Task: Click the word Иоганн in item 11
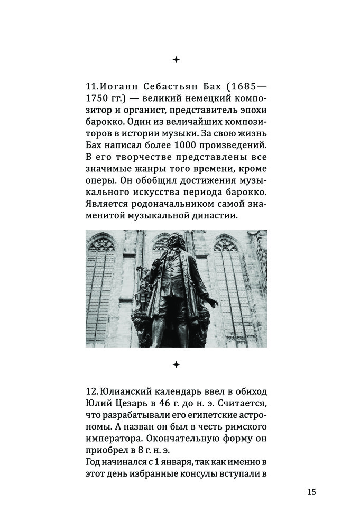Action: coord(117,87)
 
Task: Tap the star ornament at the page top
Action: coord(176,60)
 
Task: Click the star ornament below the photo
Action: coord(176,364)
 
